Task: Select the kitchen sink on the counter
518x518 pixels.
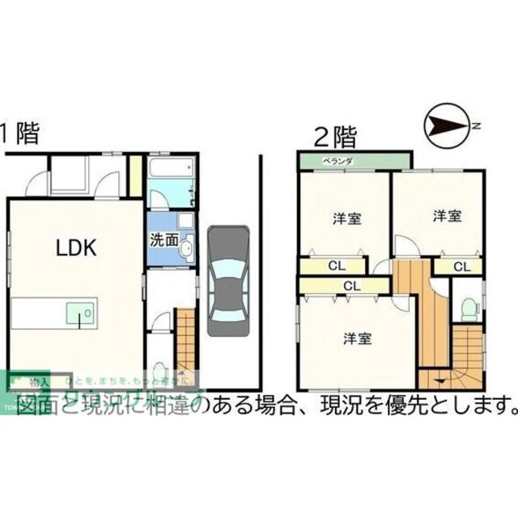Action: coord(79,311)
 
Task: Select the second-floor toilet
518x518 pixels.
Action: coord(465,309)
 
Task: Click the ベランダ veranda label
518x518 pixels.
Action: coord(338,161)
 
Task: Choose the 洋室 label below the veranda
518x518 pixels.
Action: coord(346,219)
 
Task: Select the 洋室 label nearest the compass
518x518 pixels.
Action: coord(446,216)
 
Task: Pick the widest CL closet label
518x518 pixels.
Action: coord(350,285)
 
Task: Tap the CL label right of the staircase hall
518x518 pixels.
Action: coord(461,266)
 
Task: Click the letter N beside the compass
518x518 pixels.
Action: coord(478,125)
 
